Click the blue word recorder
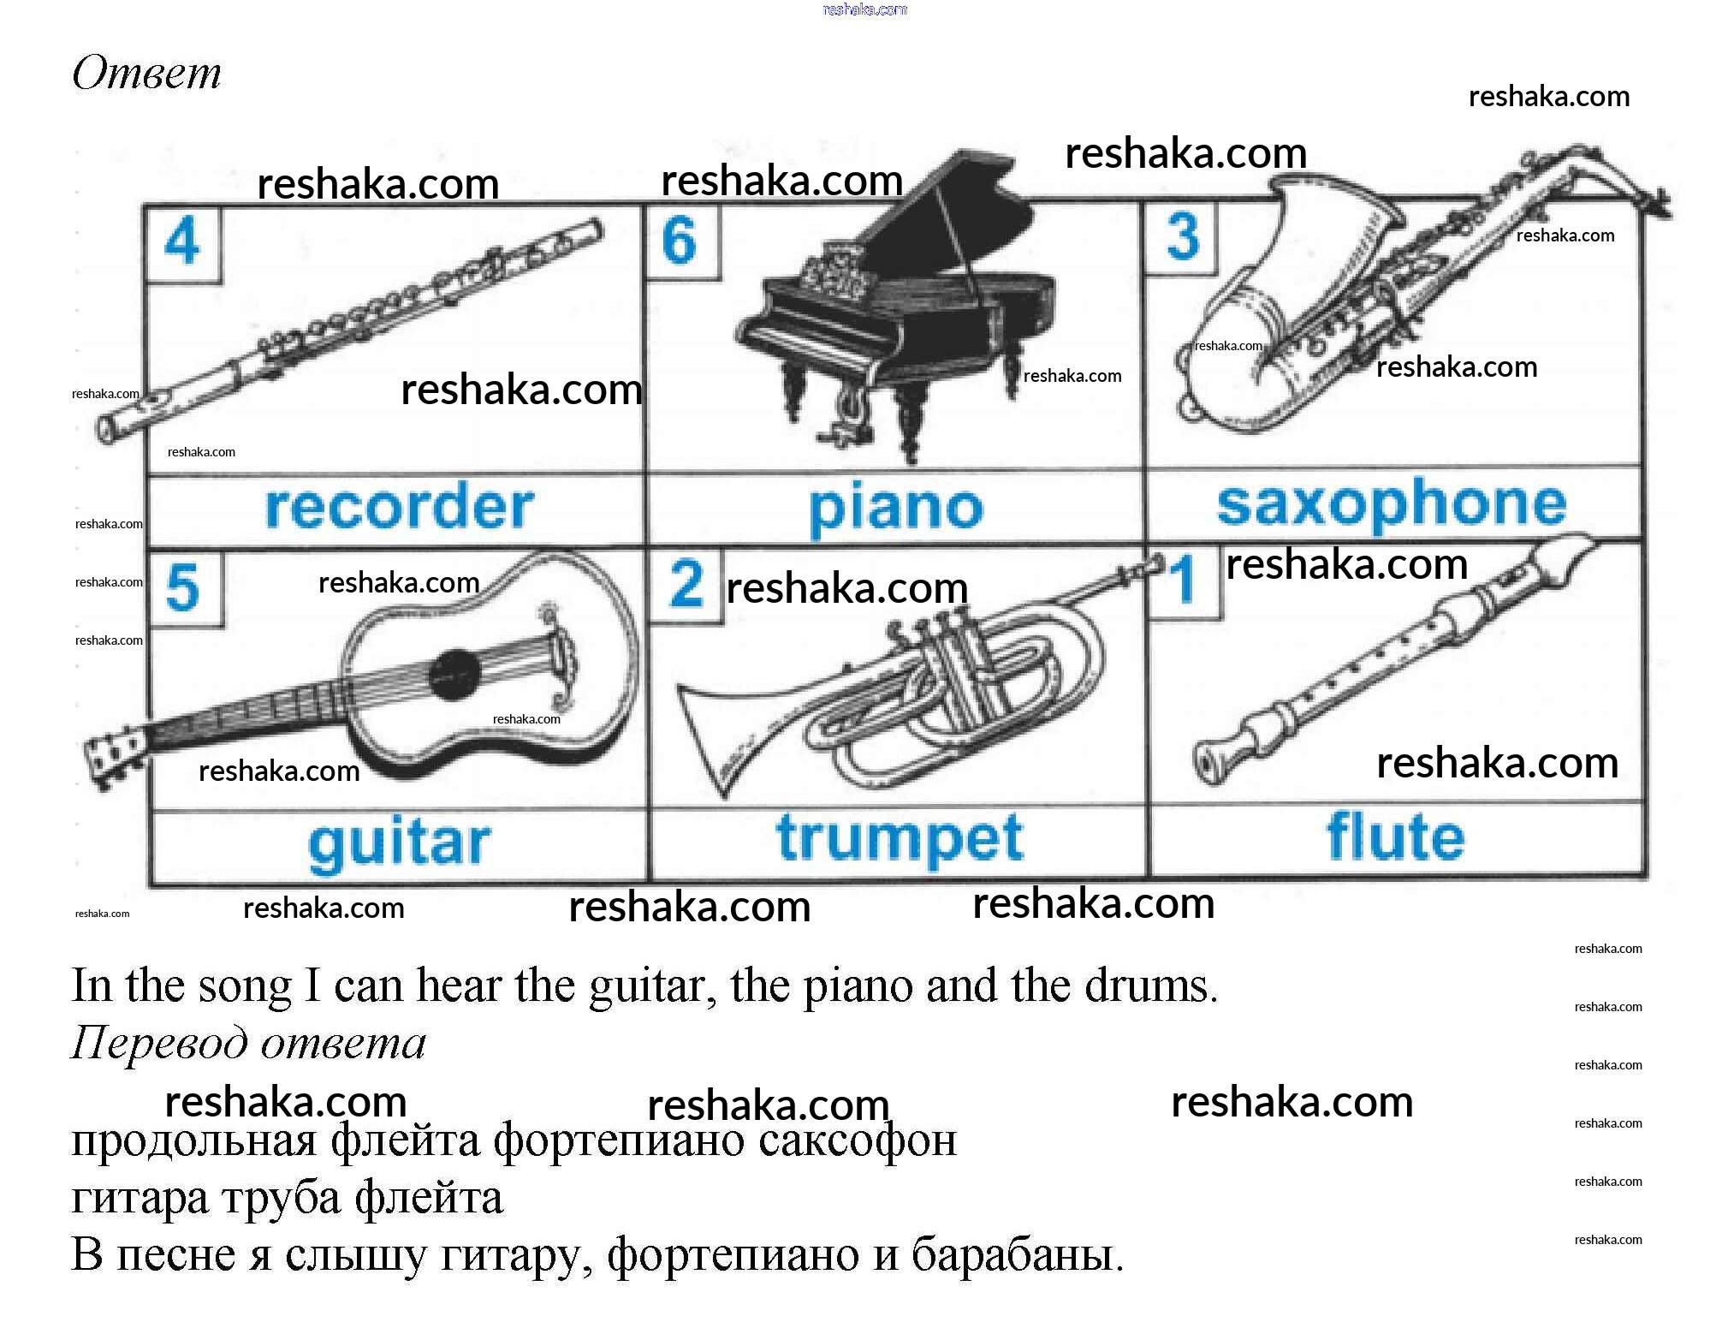click(x=399, y=507)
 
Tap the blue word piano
click(x=895, y=509)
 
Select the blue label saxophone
click(x=1392, y=503)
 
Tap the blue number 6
click(x=680, y=240)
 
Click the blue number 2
click(x=686, y=584)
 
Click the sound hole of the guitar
click(x=454, y=674)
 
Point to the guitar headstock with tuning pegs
click(x=111, y=755)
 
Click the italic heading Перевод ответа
click(x=248, y=1043)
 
